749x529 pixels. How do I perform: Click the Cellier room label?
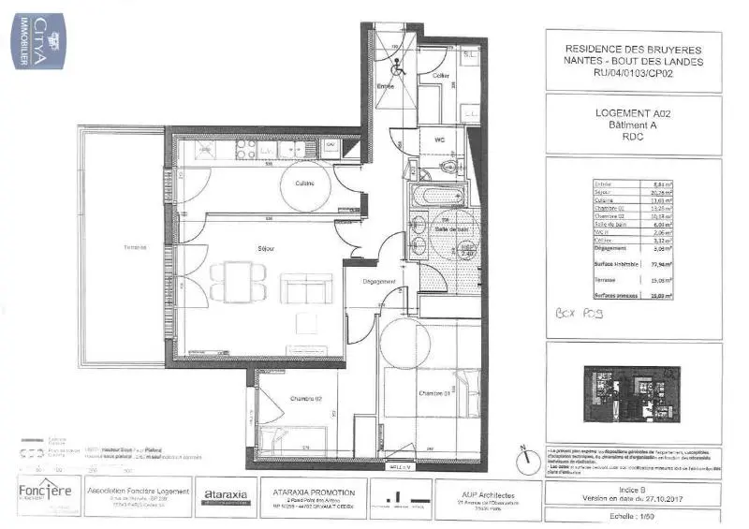(x=441, y=75)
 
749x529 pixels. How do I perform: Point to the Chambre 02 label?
(x=304, y=399)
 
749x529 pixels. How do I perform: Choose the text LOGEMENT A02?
(x=633, y=112)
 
